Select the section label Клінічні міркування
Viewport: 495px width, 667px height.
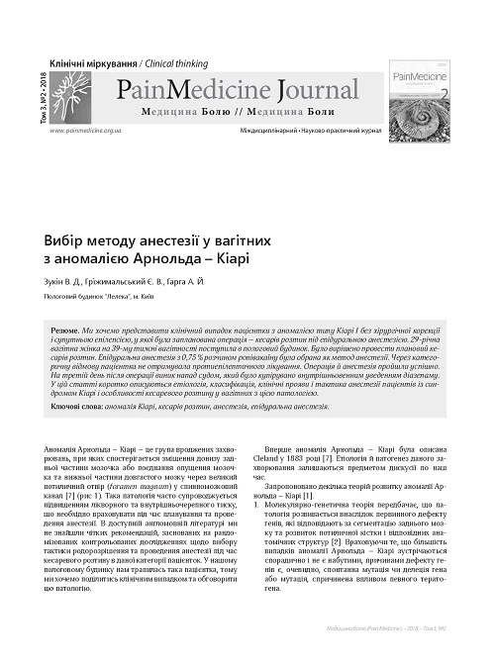tap(87, 59)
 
